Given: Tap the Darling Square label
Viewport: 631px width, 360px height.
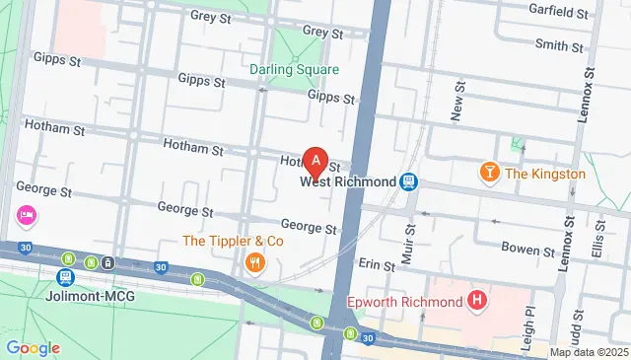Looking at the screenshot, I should pyautogui.click(x=294, y=69).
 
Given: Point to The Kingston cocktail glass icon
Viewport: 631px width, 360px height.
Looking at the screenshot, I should pyautogui.click(x=488, y=174).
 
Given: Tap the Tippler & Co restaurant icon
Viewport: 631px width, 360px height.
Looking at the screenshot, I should pyautogui.click(x=255, y=261).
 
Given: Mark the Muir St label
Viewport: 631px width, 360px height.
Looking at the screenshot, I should pyautogui.click(x=410, y=242).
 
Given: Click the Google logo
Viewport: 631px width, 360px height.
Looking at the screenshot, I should pyautogui.click(x=33, y=348).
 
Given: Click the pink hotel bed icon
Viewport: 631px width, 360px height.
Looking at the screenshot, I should pyautogui.click(x=26, y=214).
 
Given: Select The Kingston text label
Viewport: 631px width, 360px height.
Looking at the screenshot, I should pyautogui.click(x=545, y=174).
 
